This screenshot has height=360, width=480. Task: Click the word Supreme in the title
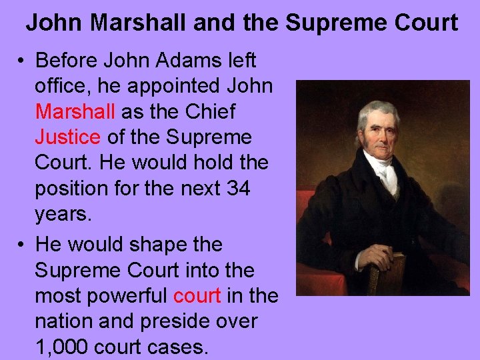pyautogui.click(x=337, y=23)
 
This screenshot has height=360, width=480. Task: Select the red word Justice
pyautogui.click(x=67, y=137)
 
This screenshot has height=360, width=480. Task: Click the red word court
pyautogui.click(x=197, y=296)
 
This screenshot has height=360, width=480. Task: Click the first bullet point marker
pyautogui.click(x=22, y=61)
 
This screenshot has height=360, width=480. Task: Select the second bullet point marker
pyautogui.click(x=22, y=245)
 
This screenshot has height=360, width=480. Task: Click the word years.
pyautogui.click(x=62, y=215)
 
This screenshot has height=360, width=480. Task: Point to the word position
pyautogui.click(x=76, y=189)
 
